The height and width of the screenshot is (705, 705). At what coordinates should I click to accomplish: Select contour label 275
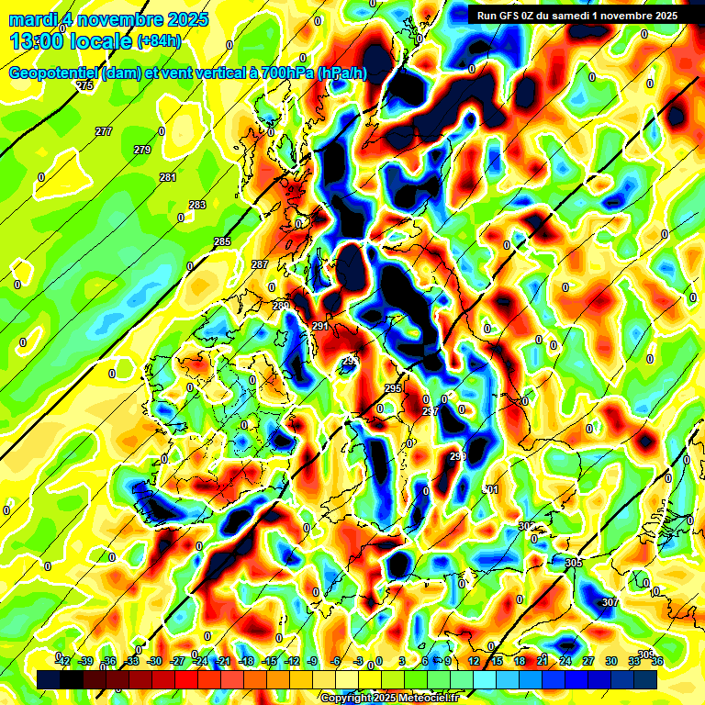[x=85, y=85]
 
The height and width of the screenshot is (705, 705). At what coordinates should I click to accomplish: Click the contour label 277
[x=104, y=131]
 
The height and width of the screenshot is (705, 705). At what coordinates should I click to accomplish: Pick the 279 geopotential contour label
[x=142, y=150]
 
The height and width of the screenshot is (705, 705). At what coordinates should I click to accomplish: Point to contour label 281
[x=168, y=177]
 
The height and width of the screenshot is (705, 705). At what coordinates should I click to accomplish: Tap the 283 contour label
[x=197, y=205]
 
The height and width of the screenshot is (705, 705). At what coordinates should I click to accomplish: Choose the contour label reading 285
[x=222, y=241]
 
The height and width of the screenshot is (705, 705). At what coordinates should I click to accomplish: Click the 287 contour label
[x=260, y=264]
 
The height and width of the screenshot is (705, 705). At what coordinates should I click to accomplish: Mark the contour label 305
[x=574, y=563]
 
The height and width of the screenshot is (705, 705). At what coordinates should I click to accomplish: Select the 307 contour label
[x=610, y=602]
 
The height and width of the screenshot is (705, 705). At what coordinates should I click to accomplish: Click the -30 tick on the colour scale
[x=154, y=661]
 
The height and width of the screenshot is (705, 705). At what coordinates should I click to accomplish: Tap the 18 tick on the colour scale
[x=520, y=661]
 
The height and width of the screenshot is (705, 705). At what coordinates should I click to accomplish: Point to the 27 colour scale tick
[x=588, y=661]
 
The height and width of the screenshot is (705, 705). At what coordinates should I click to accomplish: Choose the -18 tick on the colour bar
[x=246, y=661]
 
